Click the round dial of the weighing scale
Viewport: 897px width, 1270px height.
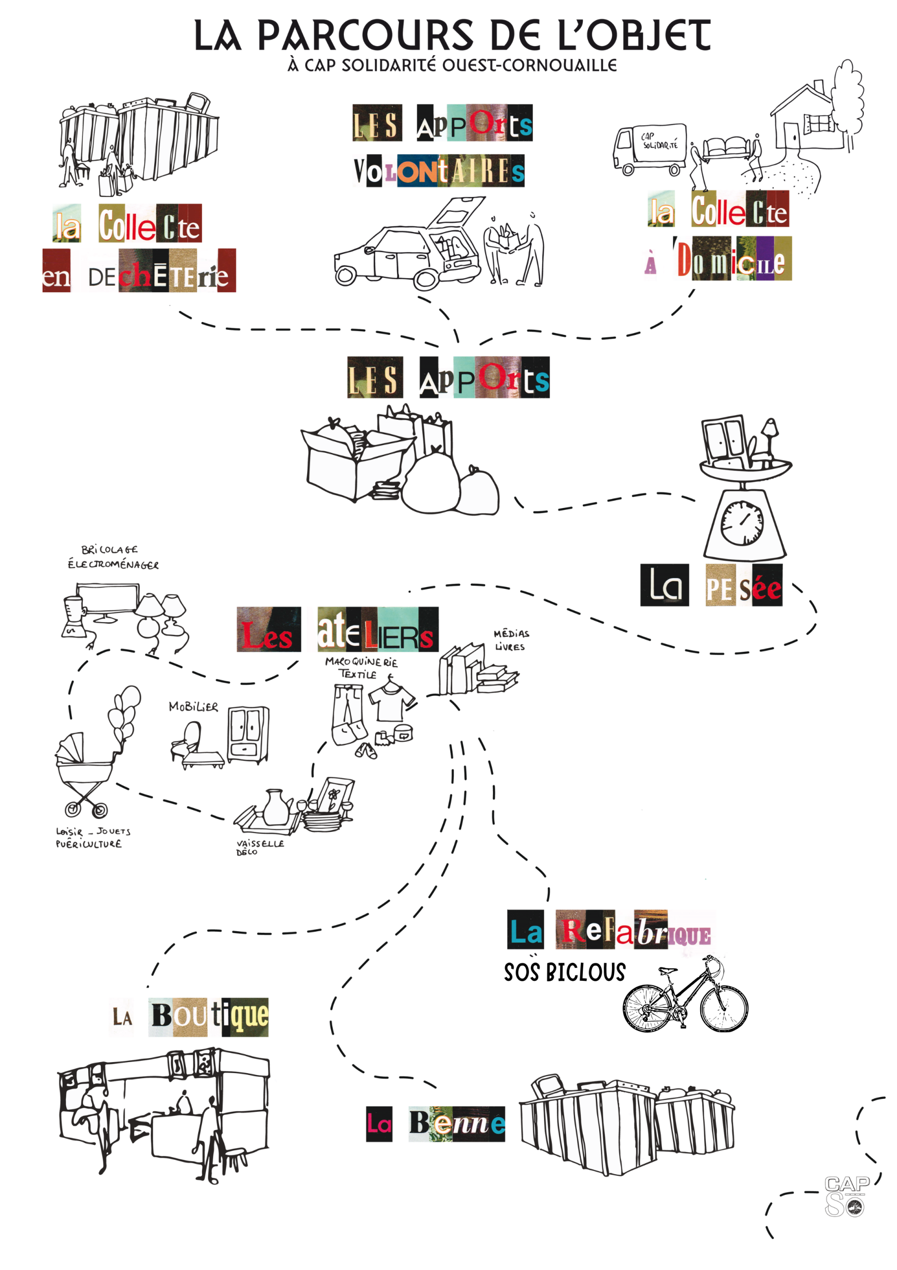tap(742, 523)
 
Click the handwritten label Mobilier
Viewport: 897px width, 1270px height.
tap(193, 707)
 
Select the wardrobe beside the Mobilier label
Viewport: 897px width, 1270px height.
tap(248, 734)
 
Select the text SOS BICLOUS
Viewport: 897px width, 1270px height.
tap(564, 972)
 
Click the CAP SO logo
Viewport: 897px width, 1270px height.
tap(845, 1196)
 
